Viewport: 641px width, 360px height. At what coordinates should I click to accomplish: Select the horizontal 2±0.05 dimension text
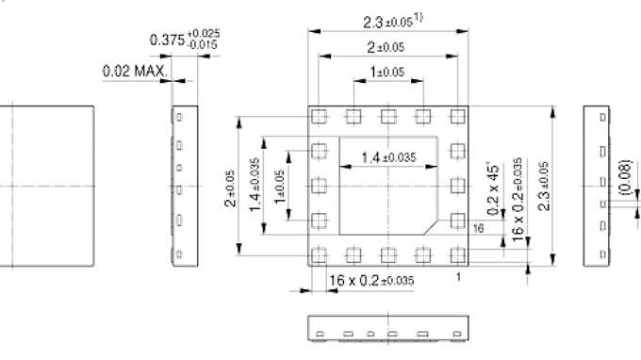coord(386,47)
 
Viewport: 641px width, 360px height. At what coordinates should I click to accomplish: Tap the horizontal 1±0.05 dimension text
coord(386,72)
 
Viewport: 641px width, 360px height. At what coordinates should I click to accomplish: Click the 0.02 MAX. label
coord(135,71)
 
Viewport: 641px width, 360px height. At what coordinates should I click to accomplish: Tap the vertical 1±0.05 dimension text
coord(279,185)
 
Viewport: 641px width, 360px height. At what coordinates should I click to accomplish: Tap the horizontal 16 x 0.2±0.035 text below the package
coord(371,280)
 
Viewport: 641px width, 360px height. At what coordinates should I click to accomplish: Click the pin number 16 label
coord(478,228)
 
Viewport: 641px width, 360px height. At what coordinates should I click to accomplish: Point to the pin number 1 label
coord(458,276)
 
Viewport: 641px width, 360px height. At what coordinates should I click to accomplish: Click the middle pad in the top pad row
coord(386,116)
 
